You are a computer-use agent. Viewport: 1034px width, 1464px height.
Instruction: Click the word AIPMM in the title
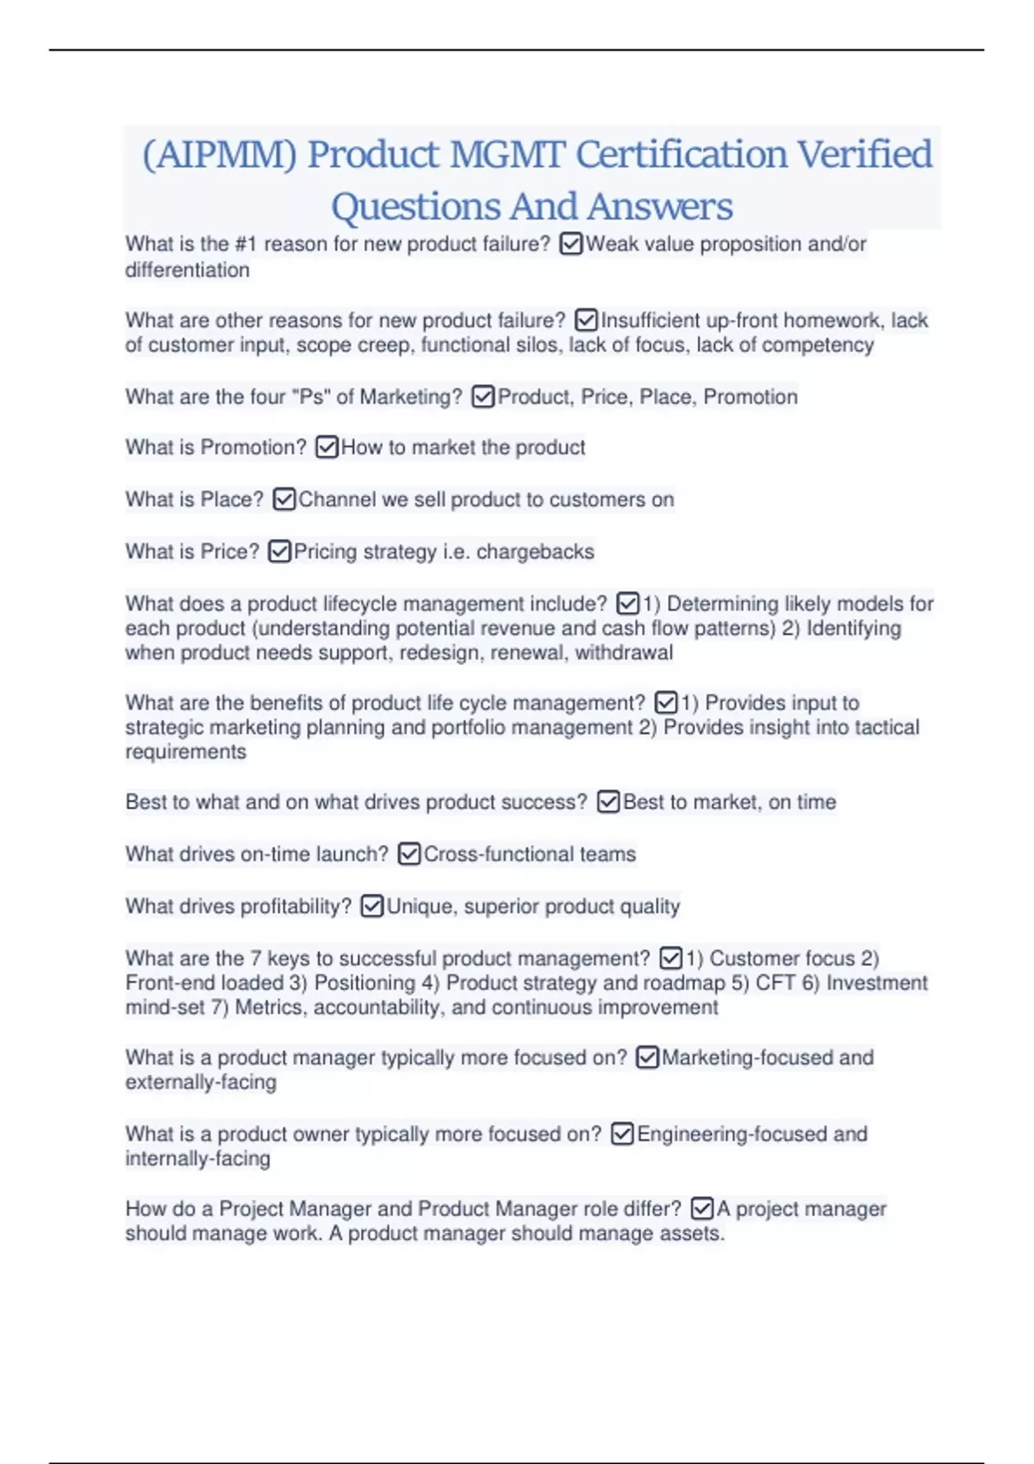click(x=219, y=156)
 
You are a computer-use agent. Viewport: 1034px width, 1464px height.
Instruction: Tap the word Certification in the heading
click(x=681, y=156)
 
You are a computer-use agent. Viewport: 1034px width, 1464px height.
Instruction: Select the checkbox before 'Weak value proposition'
click(x=570, y=245)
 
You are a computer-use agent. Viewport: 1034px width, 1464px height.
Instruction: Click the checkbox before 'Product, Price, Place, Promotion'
click(x=483, y=397)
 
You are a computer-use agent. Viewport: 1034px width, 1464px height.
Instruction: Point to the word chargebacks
click(x=535, y=552)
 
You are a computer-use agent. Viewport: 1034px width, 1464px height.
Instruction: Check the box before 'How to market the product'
click(x=327, y=448)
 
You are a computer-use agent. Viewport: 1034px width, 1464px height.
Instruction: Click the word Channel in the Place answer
click(x=337, y=500)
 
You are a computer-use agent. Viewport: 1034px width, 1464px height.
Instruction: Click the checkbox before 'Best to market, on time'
click(x=608, y=803)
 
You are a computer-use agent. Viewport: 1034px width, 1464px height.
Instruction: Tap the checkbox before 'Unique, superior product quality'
click(x=372, y=907)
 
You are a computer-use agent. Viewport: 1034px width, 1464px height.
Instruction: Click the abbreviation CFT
click(x=775, y=983)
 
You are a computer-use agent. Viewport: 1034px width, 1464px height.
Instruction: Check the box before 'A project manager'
click(x=702, y=1209)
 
